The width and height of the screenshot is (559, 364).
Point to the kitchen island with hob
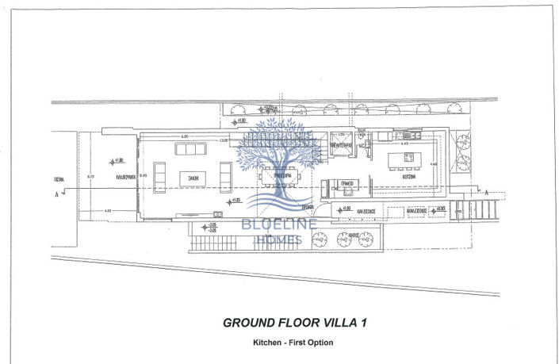404,162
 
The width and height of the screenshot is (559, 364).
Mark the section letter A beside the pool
56,193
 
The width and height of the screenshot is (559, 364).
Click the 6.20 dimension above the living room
184,137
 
